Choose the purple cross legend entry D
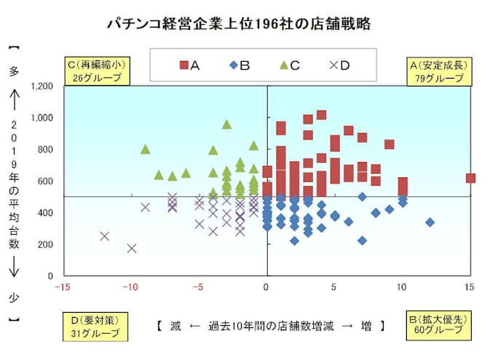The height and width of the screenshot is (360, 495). pos(339,65)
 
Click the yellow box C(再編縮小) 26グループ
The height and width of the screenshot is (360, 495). pos(97,71)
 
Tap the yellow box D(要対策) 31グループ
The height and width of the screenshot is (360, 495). pos(97,324)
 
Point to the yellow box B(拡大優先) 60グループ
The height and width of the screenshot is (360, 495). pos(437,324)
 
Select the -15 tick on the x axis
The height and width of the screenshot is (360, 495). pos(63,286)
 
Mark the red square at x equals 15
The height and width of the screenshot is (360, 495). pos(470,178)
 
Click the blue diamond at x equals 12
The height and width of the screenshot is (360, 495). pos(429,223)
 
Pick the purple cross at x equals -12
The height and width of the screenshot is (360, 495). pos(104,236)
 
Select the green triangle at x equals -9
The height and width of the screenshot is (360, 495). pos(145,149)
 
